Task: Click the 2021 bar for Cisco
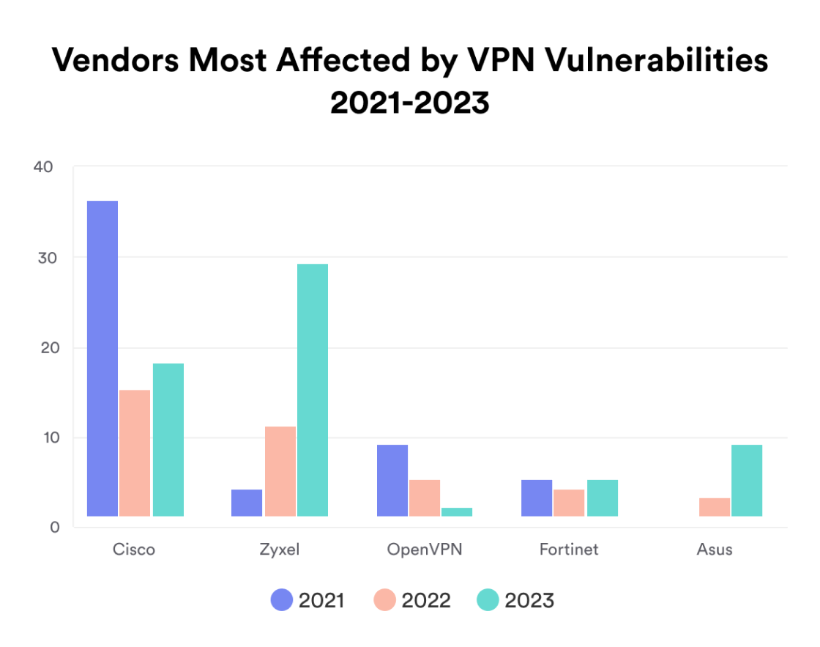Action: (x=102, y=358)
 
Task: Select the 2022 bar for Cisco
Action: (x=135, y=453)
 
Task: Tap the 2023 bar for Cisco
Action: (x=168, y=440)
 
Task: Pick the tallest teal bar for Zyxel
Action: (x=312, y=390)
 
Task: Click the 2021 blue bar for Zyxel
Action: (x=247, y=503)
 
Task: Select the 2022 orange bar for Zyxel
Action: (x=280, y=471)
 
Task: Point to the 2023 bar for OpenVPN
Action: (x=457, y=511)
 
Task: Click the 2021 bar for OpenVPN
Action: (x=392, y=480)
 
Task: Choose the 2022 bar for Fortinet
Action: (x=569, y=503)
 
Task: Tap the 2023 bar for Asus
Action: (x=747, y=480)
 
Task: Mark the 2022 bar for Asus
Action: (x=714, y=507)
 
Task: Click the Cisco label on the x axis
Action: (x=134, y=550)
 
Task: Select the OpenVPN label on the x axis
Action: (x=425, y=550)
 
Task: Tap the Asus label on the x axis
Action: (x=715, y=550)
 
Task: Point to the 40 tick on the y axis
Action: (x=43, y=167)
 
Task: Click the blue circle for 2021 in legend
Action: (x=281, y=601)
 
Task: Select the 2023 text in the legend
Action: (x=529, y=601)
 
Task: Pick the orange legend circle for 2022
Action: (x=384, y=601)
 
